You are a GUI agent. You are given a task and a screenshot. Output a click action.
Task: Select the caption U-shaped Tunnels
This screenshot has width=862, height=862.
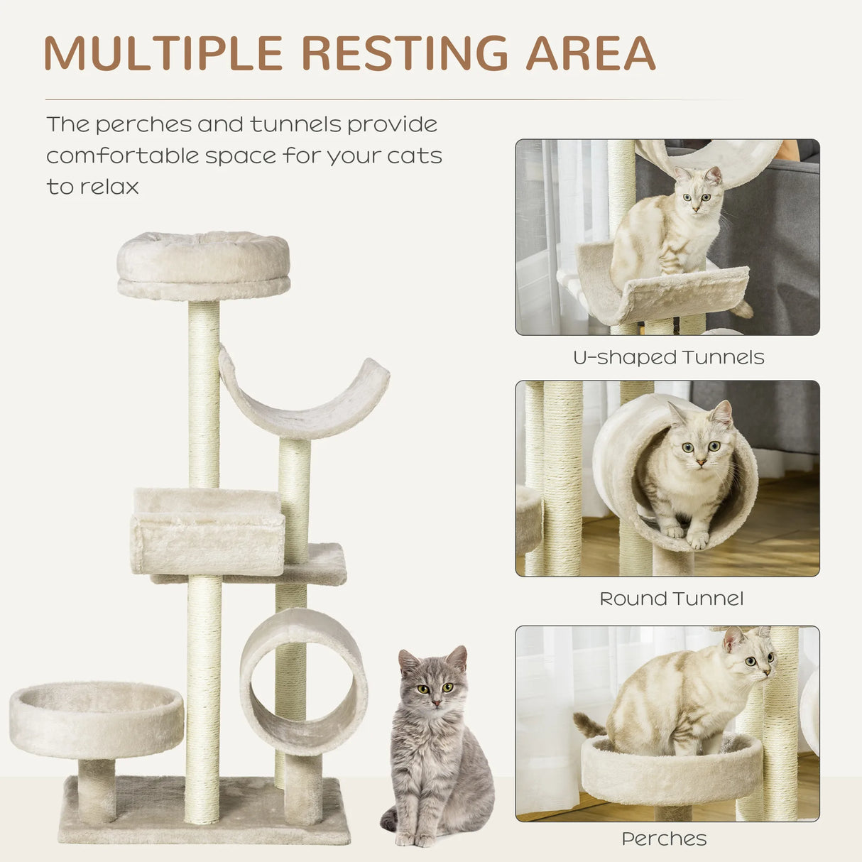(668, 357)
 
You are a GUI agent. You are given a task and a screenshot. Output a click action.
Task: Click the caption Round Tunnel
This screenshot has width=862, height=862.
(671, 599)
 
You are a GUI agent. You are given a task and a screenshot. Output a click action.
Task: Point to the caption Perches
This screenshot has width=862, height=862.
(664, 839)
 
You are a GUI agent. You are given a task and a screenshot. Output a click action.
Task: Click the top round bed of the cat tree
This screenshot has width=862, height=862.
(204, 264)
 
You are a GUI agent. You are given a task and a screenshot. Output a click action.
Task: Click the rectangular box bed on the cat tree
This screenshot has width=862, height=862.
(207, 533)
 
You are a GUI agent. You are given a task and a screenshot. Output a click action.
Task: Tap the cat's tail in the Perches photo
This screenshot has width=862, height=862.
(589, 724)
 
